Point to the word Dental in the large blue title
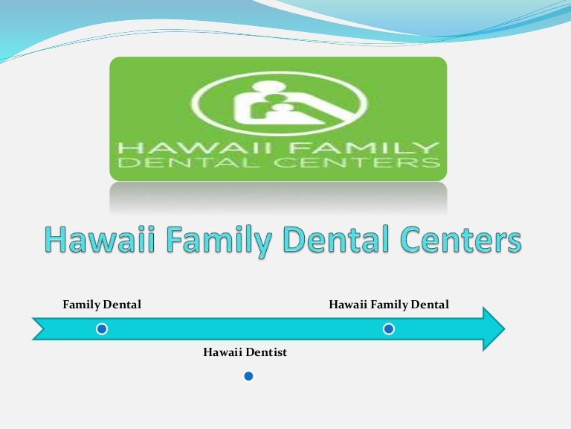336,239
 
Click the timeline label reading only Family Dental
102,305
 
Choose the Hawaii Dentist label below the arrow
245,352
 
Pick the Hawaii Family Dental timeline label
389,305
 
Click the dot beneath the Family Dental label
102,329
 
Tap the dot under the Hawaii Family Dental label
389,329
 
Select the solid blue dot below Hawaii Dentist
249,376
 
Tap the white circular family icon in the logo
280,104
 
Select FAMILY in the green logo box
364,147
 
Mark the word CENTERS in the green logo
357,162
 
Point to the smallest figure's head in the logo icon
282,108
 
